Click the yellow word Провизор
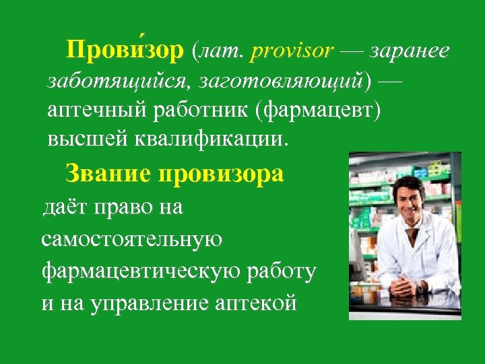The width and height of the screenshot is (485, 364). tap(125, 52)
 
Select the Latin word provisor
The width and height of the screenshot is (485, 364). tap(292, 52)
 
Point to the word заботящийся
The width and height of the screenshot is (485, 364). tap(113, 82)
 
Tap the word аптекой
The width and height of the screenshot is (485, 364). tap(258, 303)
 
